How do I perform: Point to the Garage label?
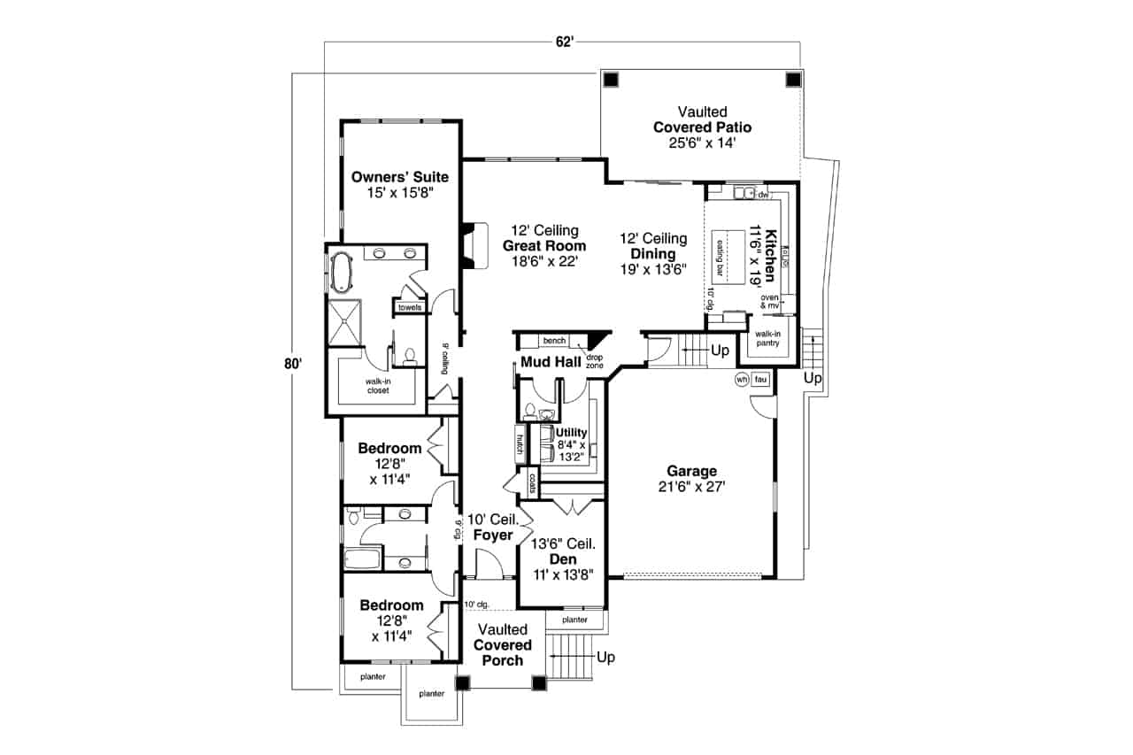(691, 471)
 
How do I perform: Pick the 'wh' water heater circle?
(741, 380)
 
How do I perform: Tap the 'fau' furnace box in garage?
(760, 380)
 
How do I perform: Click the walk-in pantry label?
(767, 338)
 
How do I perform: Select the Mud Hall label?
(551, 363)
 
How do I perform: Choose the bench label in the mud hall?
(554, 341)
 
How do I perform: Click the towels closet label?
(410, 307)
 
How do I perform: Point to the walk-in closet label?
(378, 386)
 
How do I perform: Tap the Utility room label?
(571, 432)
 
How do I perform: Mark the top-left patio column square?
(610, 79)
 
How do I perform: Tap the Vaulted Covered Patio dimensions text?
(702, 142)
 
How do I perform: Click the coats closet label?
(533, 482)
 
